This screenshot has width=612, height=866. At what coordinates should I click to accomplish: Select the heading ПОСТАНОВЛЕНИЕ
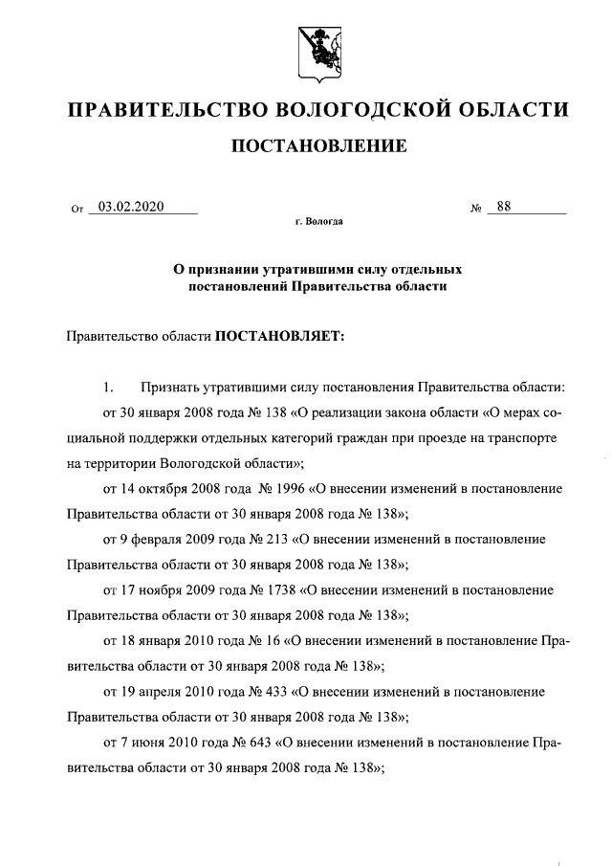tap(317, 145)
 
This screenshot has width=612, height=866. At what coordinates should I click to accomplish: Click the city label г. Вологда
tap(317, 222)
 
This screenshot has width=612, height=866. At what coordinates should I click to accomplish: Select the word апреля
tap(158, 689)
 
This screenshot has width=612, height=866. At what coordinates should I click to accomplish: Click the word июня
tap(144, 740)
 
